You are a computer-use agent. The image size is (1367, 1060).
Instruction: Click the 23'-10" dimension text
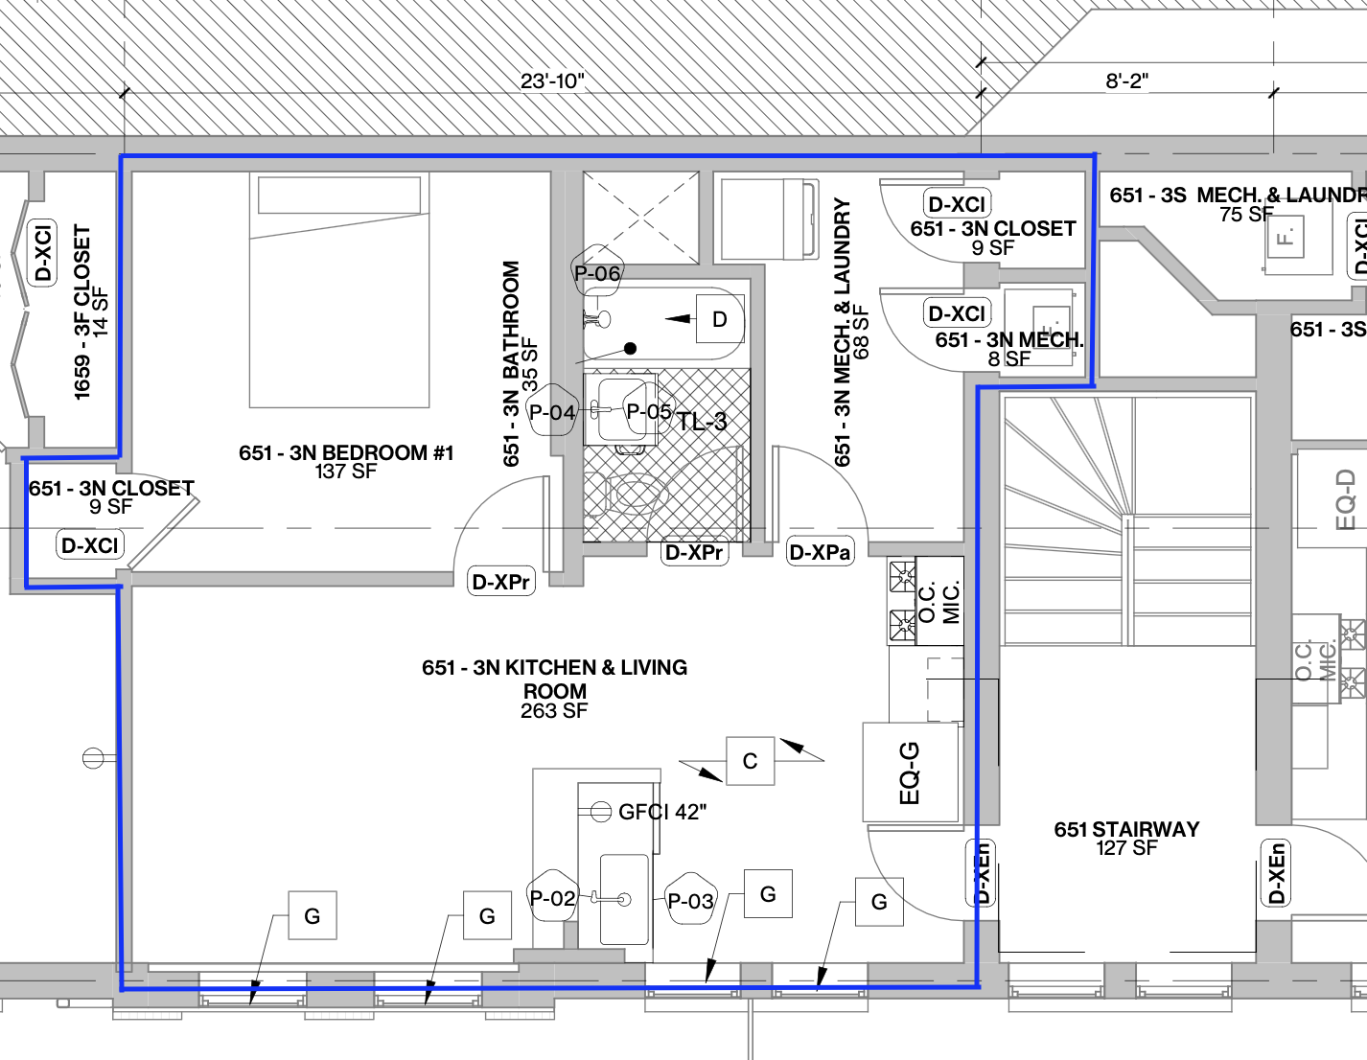click(552, 81)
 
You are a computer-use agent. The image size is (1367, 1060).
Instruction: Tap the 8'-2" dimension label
click(1126, 81)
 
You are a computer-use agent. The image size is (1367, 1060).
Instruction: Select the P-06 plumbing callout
click(597, 273)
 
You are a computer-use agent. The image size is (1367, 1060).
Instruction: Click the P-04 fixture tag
click(552, 412)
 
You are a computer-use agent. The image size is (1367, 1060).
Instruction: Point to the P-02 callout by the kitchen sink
click(552, 898)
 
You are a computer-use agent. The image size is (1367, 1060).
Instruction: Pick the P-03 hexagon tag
click(691, 900)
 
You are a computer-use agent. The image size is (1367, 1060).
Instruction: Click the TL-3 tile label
click(702, 421)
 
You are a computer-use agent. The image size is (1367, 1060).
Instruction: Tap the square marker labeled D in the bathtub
click(719, 319)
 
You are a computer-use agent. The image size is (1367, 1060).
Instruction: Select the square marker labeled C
click(750, 761)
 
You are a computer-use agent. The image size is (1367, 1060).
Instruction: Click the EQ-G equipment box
click(911, 772)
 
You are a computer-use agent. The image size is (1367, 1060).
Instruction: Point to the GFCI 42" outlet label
click(661, 812)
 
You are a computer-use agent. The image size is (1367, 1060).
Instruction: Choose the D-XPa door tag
click(820, 552)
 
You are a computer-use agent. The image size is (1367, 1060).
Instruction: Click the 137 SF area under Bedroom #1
click(345, 472)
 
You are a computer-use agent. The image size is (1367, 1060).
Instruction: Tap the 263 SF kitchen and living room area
click(554, 711)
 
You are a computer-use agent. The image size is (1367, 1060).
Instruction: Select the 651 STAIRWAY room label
click(1126, 829)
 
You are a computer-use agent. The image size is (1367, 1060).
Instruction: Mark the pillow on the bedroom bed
click(339, 196)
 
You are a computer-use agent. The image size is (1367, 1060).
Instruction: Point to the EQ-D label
click(1346, 499)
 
